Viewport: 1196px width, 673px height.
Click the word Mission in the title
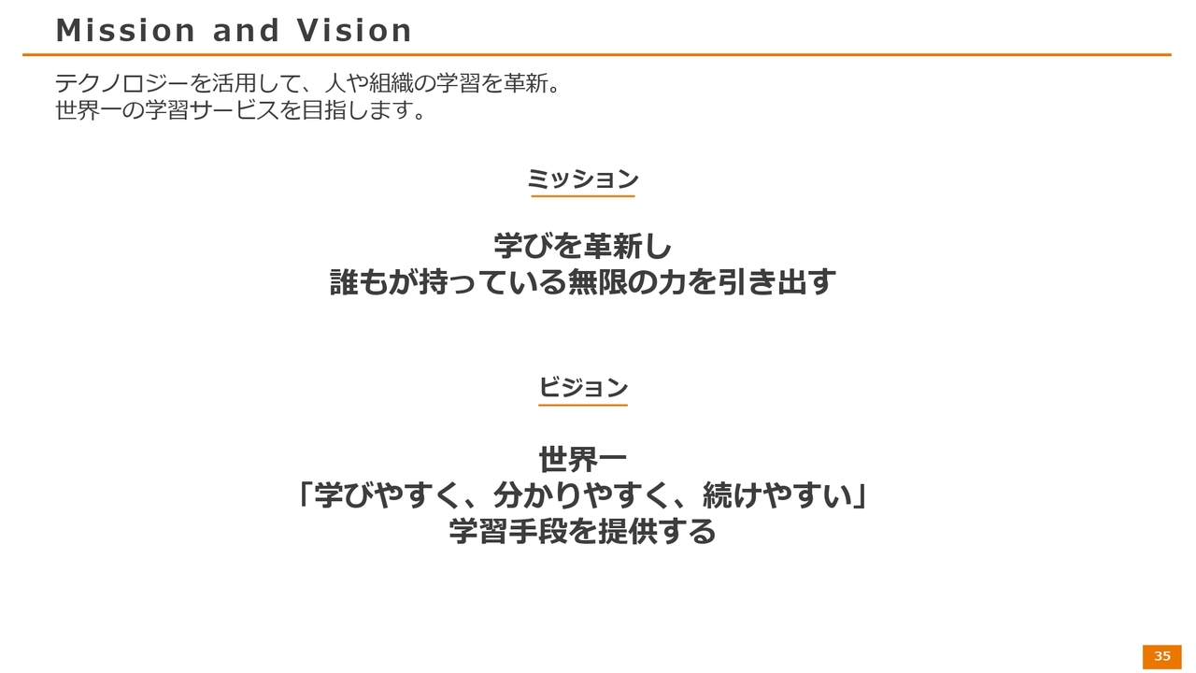[x=125, y=31]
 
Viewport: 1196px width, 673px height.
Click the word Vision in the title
[x=354, y=31]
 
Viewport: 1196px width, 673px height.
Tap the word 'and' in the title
[x=246, y=31]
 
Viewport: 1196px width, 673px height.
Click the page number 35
[x=1162, y=656]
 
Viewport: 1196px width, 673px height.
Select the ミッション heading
[x=582, y=179]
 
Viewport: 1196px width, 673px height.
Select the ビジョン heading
[x=582, y=387]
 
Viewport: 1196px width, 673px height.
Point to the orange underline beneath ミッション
[x=582, y=196]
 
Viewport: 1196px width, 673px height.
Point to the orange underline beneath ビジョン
[x=582, y=405]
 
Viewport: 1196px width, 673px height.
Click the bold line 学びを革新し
[x=582, y=246]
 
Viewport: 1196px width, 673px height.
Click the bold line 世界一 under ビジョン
[x=582, y=460]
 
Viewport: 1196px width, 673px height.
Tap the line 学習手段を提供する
[x=582, y=532]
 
